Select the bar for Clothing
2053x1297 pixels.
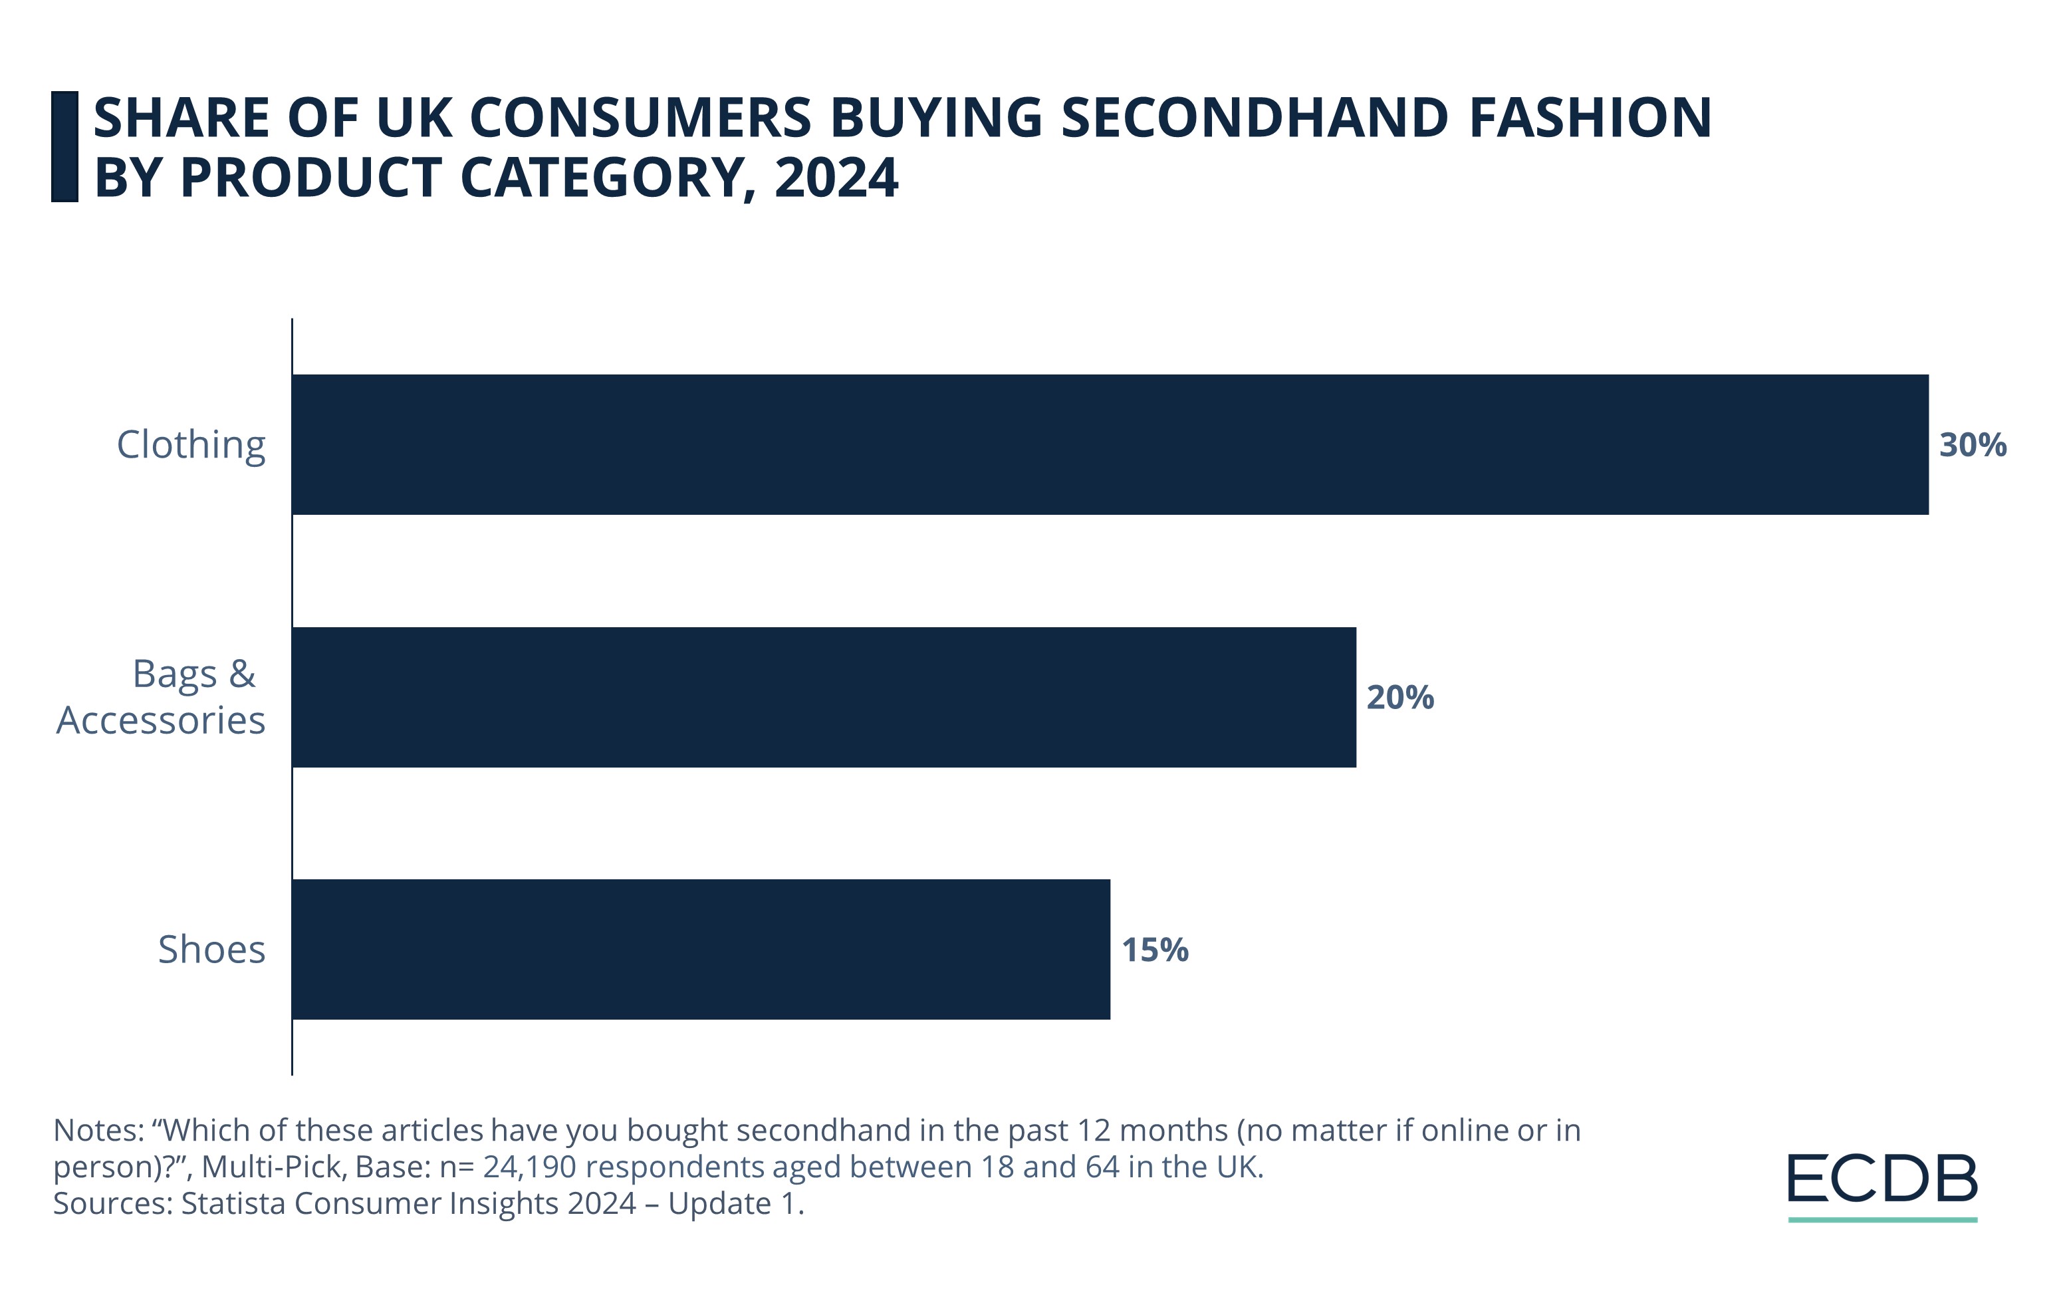pos(1108,444)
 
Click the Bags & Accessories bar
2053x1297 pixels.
pos(824,698)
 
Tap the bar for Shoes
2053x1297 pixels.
pos(701,949)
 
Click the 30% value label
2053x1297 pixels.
pos(1973,445)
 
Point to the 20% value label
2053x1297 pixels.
pos(1400,698)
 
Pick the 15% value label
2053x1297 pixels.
pos(1154,950)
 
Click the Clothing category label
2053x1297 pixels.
pos(191,445)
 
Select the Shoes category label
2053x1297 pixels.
pos(211,950)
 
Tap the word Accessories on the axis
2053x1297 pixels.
pos(161,720)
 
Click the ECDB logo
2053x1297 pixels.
pos(1881,1179)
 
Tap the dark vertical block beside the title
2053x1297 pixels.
pos(64,147)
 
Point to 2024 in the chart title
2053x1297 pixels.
pos(836,178)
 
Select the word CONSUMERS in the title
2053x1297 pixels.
pos(640,118)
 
